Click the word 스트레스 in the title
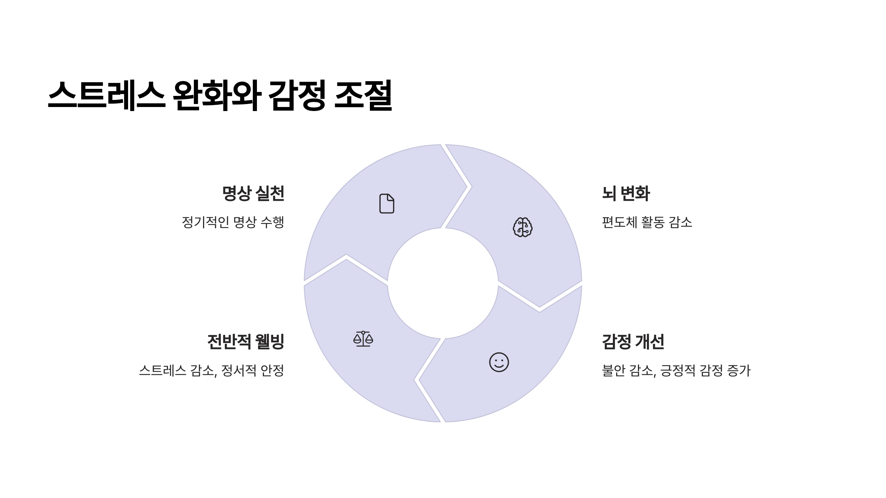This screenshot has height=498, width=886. [x=106, y=95]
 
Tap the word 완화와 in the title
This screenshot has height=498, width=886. [x=217, y=95]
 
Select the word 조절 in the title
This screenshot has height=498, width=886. [x=363, y=95]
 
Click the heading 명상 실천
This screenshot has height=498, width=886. [x=253, y=194]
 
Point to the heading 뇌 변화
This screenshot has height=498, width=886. [x=626, y=194]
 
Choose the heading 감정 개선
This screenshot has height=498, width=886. [x=633, y=342]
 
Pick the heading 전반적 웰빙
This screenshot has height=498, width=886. [x=246, y=342]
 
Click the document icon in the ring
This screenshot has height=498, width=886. [x=387, y=203]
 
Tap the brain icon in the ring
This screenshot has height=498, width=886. [x=523, y=227]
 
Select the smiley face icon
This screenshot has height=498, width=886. [x=499, y=362]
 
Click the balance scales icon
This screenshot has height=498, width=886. [x=363, y=339]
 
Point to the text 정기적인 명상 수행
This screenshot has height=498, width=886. [x=233, y=222]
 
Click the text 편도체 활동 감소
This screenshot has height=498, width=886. [x=647, y=222]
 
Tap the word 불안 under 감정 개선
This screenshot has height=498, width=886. [x=613, y=370]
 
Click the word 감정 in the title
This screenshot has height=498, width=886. [x=297, y=95]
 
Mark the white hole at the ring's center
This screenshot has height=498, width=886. [x=443, y=283]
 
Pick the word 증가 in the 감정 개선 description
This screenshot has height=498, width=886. [x=739, y=370]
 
